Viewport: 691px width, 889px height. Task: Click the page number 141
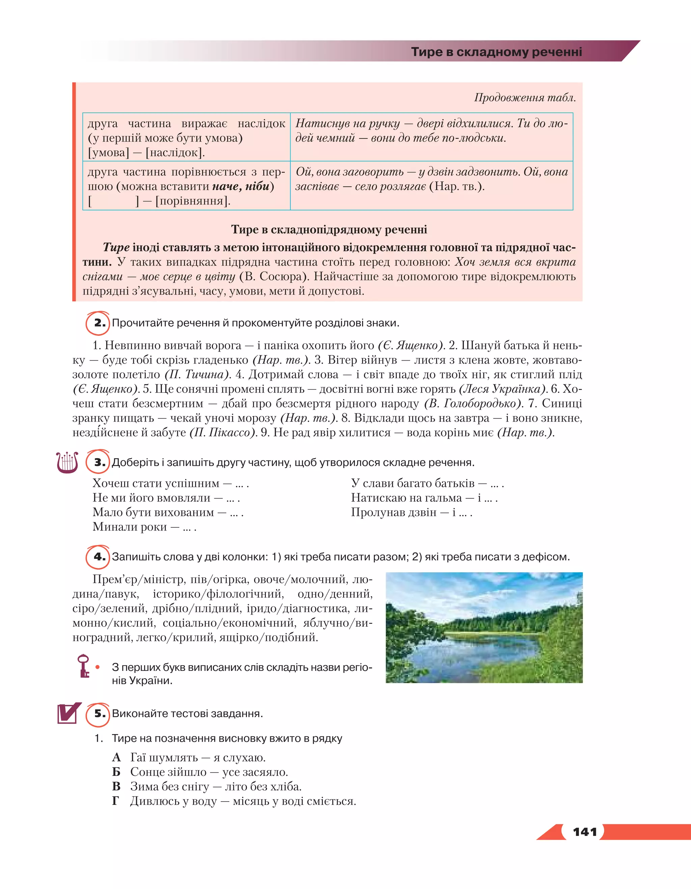(x=584, y=832)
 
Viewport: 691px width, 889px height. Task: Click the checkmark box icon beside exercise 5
(x=68, y=713)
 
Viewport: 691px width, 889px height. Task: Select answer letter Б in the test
(x=116, y=772)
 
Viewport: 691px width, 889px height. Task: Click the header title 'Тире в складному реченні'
(x=496, y=52)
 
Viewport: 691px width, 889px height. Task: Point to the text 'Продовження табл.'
(x=525, y=98)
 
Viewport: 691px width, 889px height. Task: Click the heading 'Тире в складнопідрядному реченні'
(x=329, y=230)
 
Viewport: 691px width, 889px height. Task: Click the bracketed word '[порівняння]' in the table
(x=193, y=201)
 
